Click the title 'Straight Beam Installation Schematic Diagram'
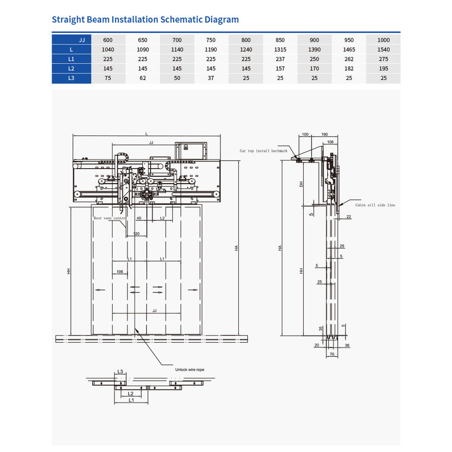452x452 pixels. point(145,20)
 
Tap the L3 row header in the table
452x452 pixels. point(71,78)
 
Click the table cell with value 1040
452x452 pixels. point(108,49)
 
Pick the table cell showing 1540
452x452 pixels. point(383,49)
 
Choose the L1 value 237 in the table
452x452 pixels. point(280,59)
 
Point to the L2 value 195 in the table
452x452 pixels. point(383,69)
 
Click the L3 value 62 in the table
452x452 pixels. point(143,78)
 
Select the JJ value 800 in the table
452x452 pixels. point(246,40)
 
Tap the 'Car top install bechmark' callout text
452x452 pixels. point(263,151)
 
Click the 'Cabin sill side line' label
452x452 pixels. point(375,205)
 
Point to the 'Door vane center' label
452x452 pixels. point(109,218)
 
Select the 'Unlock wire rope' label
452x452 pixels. point(189,370)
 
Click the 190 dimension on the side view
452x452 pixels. point(324,135)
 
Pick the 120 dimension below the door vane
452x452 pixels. point(136,234)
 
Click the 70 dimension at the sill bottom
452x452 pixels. point(331,354)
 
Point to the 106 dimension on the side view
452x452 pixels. point(330,142)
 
